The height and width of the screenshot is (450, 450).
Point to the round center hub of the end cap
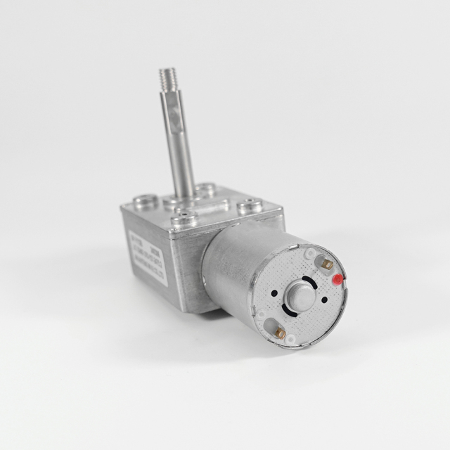pos(301,295)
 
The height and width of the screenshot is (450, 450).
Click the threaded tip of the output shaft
pos(166,76)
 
